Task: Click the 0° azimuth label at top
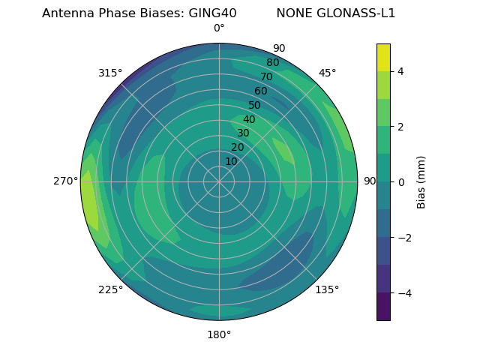coord(219,28)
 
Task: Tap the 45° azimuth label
coord(327,73)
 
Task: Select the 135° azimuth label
coord(327,289)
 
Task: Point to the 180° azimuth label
coord(219,334)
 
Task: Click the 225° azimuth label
coord(110,289)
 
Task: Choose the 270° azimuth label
coord(67,181)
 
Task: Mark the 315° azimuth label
coord(110,73)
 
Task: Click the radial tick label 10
coord(231,161)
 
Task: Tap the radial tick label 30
coord(243,133)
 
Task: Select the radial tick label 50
coord(255,105)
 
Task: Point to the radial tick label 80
coord(272,63)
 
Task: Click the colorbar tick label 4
coord(400,71)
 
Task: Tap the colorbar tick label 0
coord(400,182)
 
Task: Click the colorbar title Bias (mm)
coord(421,182)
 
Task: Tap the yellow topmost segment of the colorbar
coord(383,57)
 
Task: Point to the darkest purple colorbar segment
coord(383,307)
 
